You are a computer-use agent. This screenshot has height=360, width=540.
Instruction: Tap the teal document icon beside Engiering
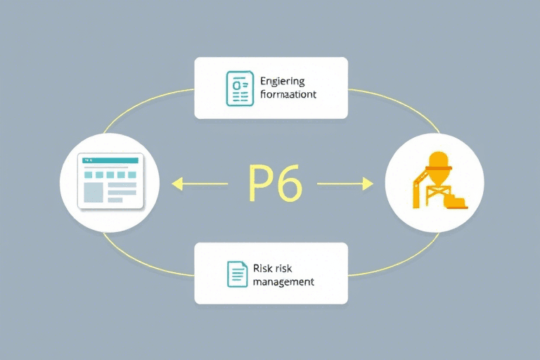tap(239, 88)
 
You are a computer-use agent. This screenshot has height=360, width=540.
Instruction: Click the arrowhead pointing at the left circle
tap(176, 184)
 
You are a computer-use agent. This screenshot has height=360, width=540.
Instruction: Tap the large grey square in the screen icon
tap(93, 191)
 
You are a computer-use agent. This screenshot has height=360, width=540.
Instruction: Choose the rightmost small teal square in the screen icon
tap(131, 174)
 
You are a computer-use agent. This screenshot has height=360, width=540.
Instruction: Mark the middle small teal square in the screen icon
tap(110, 174)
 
